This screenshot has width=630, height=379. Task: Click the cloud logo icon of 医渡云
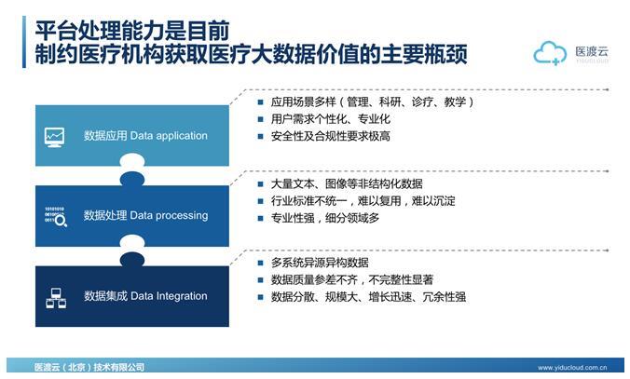tap(550, 53)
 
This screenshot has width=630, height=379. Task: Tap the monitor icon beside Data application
tap(54, 136)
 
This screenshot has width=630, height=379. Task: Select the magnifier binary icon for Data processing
tap(54, 216)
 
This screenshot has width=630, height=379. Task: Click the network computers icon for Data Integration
tap(54, 297)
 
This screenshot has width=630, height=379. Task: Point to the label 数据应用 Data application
tap(145, 136)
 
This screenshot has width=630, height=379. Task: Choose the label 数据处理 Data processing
tap(145, 216)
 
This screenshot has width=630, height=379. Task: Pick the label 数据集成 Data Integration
tap(145, 297)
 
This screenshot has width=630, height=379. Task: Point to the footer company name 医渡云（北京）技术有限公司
tap(89, 369)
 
